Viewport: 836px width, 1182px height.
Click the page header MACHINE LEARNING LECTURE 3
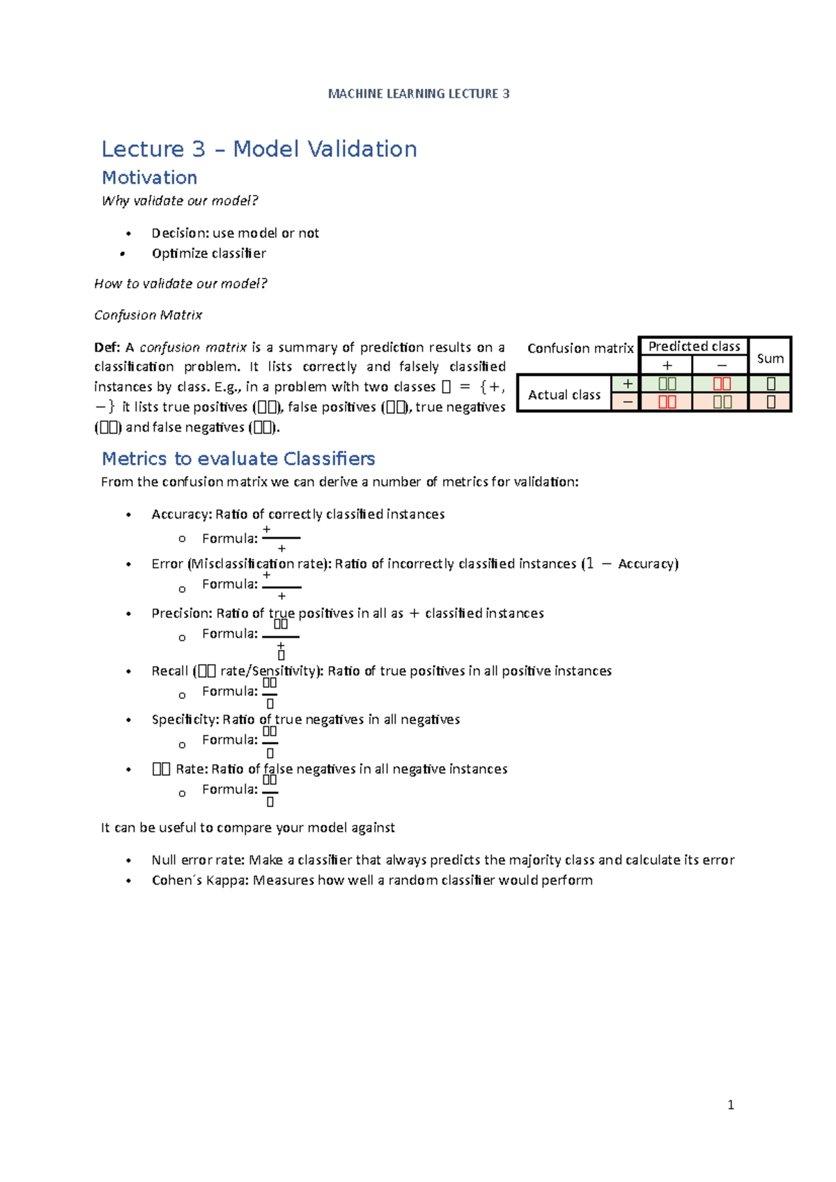[419, 93]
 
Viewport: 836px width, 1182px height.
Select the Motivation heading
[149, 178]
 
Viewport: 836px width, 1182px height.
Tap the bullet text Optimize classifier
[208, 253]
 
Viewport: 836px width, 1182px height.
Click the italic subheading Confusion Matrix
[148, 315]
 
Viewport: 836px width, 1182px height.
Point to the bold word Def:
[107, 347]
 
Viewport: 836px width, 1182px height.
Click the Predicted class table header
[694, 346]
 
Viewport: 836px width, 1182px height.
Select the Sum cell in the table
[770, 358]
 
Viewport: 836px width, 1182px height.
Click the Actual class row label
[564, 395]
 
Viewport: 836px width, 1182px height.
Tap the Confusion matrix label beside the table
[580, 348]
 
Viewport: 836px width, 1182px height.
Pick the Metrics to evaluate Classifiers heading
[238, 459]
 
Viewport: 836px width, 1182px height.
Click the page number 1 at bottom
[730, 1105]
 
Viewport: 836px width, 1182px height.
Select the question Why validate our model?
[180, 201]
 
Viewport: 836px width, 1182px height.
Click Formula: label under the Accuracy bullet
[229, 538]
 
